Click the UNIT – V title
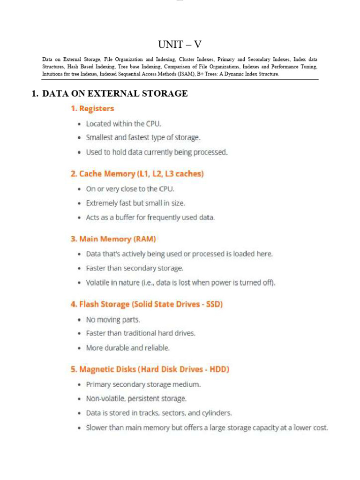[x=180, y=45]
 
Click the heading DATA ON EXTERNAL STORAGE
[x=115, y=94]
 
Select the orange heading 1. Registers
[x=92, y=109]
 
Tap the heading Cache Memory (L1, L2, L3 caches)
[x=137, y=174]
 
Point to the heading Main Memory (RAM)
[x=113, y=239]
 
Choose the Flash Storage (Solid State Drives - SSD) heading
[x=146, y=304]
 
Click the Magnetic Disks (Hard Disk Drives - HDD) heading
[x=150, y=369]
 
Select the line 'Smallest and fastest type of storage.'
[x=143, y=138]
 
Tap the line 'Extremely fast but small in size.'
[x=135, y=203]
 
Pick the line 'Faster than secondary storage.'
[x=135, y=268]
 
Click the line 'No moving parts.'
[x=113, y=320]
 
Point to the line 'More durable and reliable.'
[x=127, y=348]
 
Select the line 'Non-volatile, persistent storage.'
[x=136, y=398]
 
